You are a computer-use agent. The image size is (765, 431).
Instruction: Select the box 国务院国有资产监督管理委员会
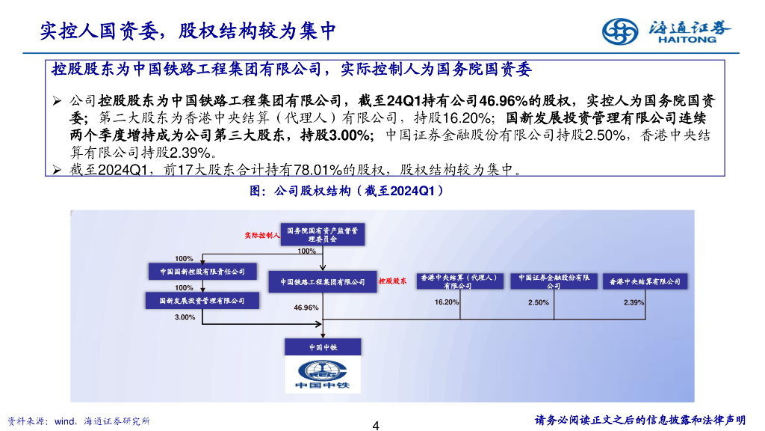[323, 235]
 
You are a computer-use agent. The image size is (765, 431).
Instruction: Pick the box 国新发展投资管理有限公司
[202, 301]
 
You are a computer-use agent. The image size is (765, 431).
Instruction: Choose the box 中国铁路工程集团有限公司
[323, 281]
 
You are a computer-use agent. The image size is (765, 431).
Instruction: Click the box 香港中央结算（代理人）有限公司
[459, 281]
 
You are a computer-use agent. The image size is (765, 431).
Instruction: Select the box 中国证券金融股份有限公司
[554, 281]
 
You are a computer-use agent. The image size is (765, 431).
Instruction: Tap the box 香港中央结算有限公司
[645, 281]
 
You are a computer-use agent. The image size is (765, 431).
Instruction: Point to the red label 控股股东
[391, 281]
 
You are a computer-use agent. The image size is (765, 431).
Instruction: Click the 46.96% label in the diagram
[306, 308]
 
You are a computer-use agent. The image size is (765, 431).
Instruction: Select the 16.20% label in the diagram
[447, 302]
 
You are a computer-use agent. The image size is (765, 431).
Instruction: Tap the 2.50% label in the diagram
[539, 302]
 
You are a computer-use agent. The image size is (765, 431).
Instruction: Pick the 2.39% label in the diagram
[634, 302]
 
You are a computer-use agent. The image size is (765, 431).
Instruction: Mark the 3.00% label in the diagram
[185, 317]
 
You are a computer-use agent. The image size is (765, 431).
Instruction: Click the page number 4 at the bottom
[376, 426]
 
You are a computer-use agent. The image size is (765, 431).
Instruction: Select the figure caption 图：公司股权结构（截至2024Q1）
[346, 191]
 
